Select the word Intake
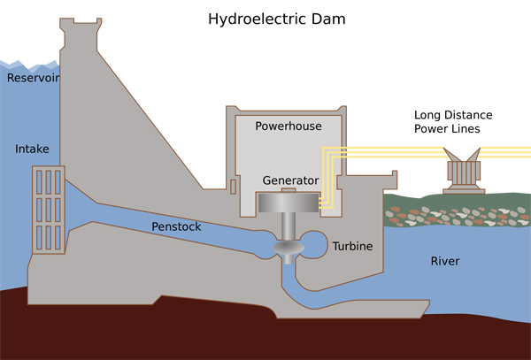[32, 148]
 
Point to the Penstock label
[177, 227]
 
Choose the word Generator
[290, 180]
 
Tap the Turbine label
[352, 245]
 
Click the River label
[445, 261]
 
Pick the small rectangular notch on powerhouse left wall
[232, 186]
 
